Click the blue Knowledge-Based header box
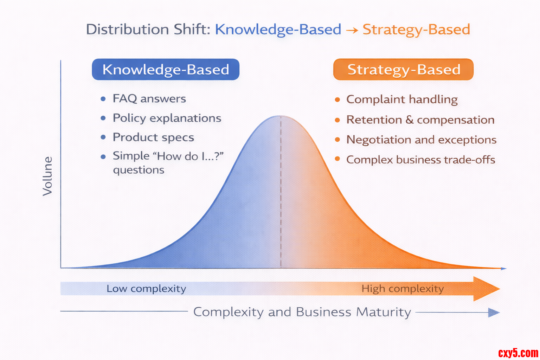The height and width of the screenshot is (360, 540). click(166, 70)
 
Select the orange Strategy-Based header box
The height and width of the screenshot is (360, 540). click(403, 70)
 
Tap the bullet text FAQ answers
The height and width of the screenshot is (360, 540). click(149, 99)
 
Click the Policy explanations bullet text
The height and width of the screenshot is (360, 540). click(167, 118)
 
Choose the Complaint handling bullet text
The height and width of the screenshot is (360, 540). click(402, 99)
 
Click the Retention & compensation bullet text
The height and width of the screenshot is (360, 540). click(420, 120)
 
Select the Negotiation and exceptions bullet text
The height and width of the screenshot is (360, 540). click(421, 140)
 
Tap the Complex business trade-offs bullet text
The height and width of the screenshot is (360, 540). click(421, 160)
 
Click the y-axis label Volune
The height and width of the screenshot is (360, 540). click(47, 176)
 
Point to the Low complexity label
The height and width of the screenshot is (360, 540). click(146, 289)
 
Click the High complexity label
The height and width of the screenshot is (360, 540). click(403, 289)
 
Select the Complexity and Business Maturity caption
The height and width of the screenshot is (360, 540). click(302, 312)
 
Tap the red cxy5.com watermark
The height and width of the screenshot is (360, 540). click(518, 353)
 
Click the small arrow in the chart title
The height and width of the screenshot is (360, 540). click(352, 30)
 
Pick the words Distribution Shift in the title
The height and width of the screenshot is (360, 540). click(148, 30)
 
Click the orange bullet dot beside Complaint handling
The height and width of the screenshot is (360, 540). click(337, 99)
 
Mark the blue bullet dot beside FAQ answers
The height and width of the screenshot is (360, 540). click(103, 99)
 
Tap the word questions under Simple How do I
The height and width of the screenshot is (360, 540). click(139, 170)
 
